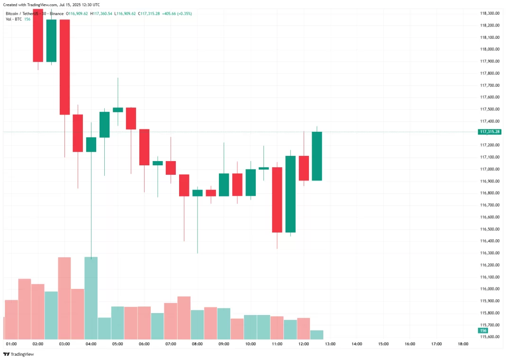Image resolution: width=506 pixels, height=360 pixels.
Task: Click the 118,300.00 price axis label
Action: point(490,13)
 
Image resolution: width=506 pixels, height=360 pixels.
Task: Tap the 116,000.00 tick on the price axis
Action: point(490,289)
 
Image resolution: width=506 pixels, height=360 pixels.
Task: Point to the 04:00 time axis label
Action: point(91,344)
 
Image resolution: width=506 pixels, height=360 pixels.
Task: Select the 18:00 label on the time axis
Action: point(463,344)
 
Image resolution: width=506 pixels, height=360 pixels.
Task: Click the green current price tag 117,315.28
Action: point(489,132)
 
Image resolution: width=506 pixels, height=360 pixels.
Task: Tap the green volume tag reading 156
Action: point(483,331)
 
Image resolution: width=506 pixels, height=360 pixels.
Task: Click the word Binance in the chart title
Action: point(56,14)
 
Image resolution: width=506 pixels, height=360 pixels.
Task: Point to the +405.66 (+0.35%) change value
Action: point(177,14)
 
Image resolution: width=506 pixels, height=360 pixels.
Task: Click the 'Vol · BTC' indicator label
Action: point(14,19)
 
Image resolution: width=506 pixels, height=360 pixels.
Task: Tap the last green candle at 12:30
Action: point(317,156)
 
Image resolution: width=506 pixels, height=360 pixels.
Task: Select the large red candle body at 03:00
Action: point(64,67)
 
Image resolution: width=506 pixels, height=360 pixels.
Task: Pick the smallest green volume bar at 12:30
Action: point(317,334)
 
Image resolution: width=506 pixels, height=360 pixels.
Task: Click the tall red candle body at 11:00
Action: point(277,199)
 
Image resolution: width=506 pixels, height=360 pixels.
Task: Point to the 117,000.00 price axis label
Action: point(490,169)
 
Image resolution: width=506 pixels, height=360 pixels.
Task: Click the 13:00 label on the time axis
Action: point(330,344)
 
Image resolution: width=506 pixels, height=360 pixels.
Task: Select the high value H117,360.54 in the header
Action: point(101,14)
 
